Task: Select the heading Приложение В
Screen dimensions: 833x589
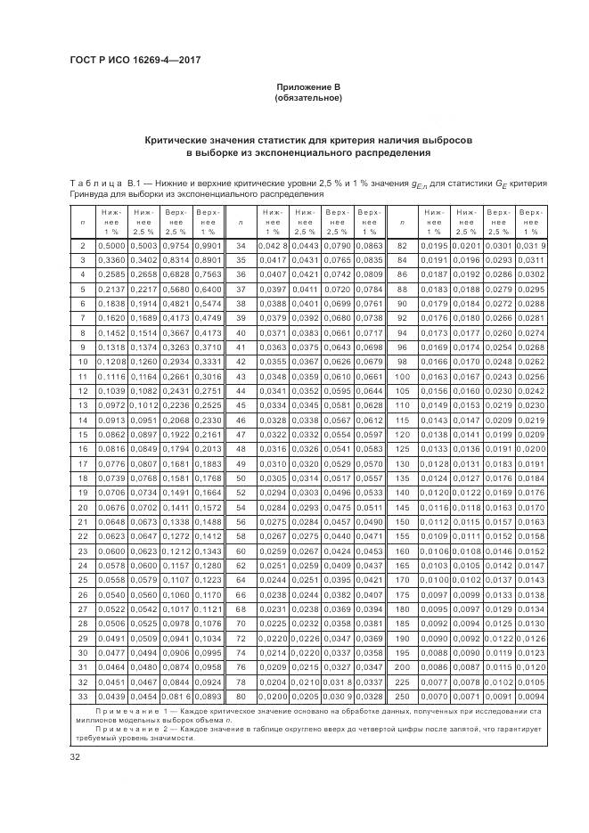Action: point(307,86)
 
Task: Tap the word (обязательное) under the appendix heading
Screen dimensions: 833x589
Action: point(307,97)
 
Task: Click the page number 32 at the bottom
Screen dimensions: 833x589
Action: point(75,757)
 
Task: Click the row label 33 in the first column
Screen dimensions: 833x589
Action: point(82,696)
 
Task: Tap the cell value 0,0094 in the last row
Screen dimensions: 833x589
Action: point(531,696)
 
